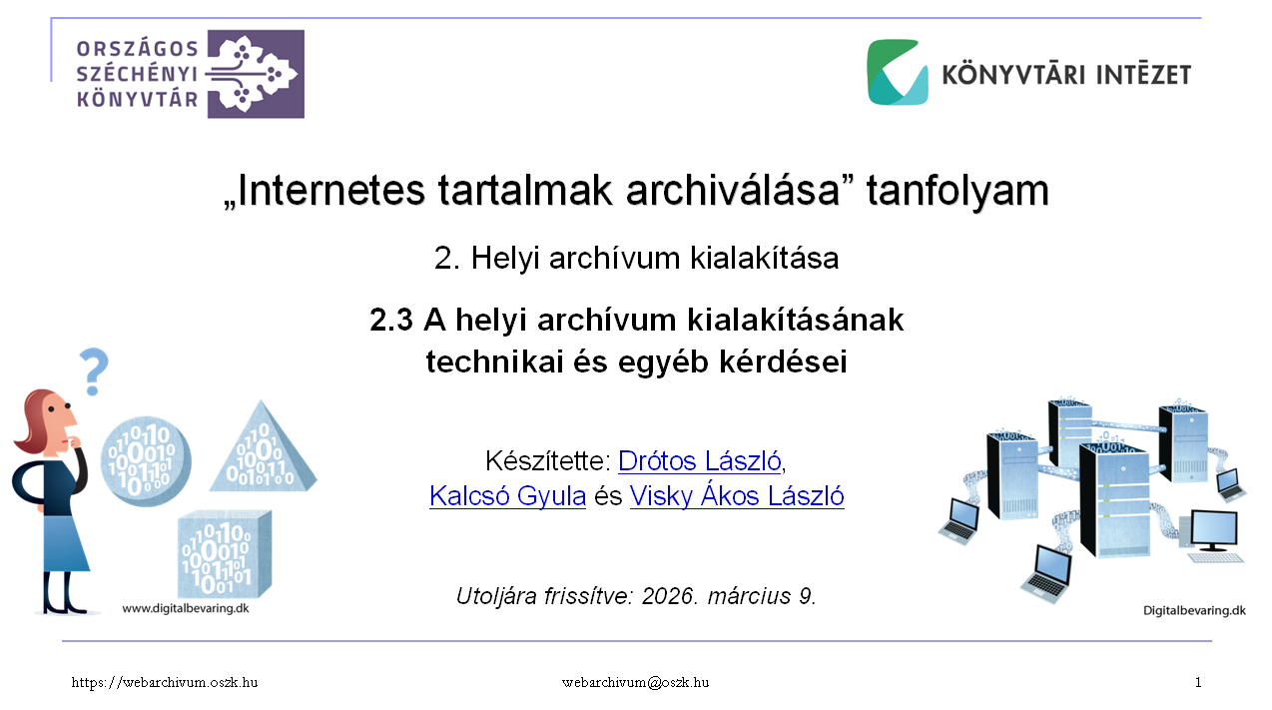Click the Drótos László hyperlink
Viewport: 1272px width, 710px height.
(x=699, y=460)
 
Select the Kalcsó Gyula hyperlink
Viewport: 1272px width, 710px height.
(x=507, y=496)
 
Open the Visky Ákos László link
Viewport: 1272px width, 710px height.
(x=737, y=495)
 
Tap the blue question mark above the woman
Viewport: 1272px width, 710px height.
(x=94, y=371)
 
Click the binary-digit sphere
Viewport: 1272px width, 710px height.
(x=146, y=461)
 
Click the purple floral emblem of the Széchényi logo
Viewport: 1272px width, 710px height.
(x=256, y=74)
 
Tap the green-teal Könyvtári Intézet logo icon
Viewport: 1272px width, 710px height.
(x=898, y=72)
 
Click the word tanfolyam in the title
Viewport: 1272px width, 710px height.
(x=957, y=191)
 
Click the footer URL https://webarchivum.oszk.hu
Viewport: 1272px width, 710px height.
(x=165, y=682)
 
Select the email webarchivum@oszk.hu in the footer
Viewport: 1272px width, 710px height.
(x=635, y=682)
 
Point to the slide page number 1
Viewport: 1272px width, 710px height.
(x=1198, y=682)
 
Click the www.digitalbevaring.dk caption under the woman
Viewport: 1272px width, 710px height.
(x=186, y=608)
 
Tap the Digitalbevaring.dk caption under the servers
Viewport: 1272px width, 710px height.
(x=1194, y=610)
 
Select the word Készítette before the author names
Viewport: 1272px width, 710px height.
(x=547, y=460)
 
